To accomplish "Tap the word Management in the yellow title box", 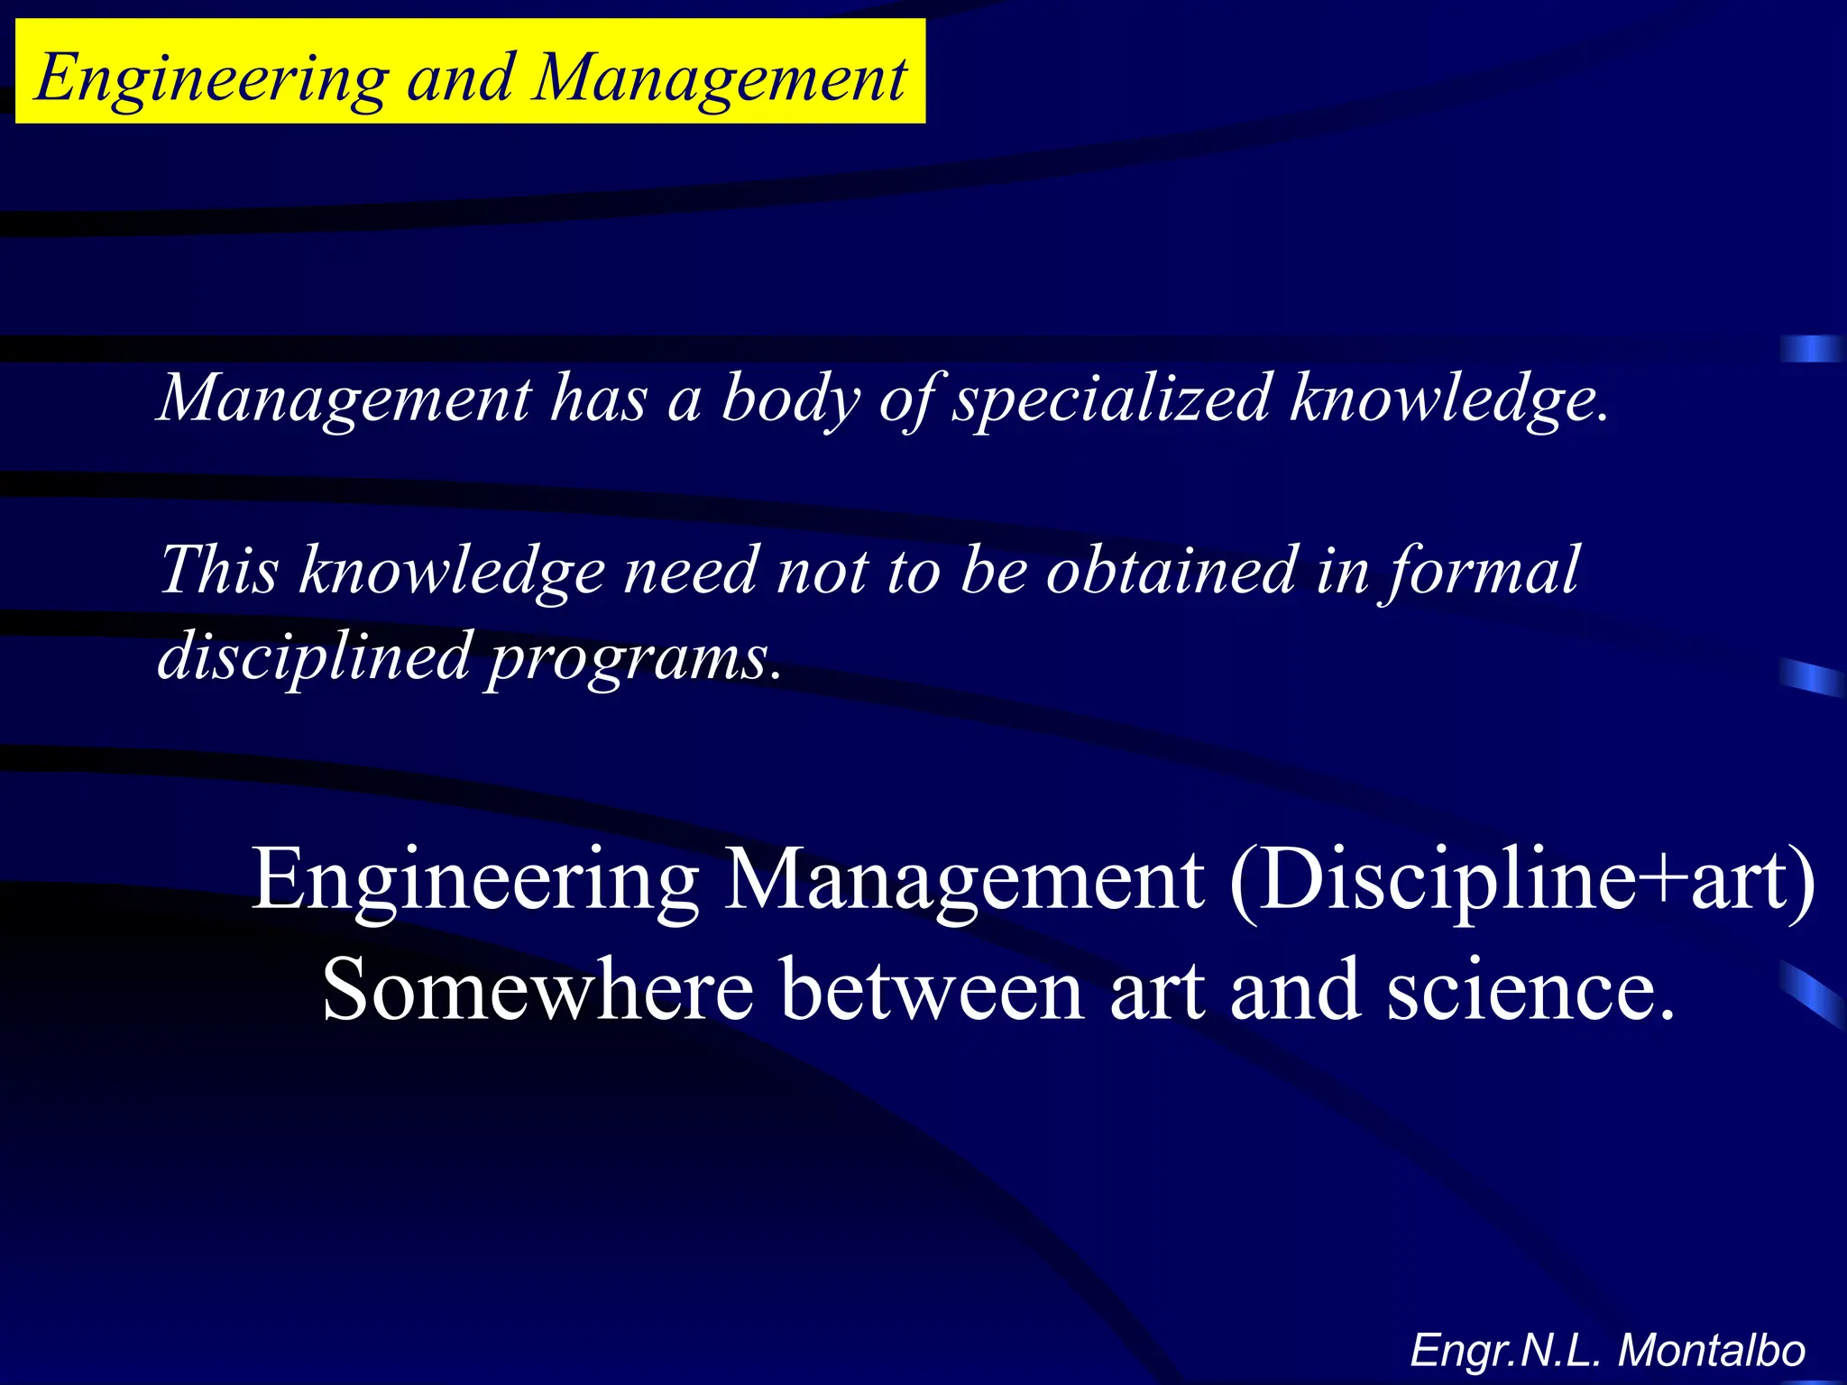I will tap(719, 79).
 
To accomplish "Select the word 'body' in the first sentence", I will tap(791, 399).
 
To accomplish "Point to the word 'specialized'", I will tap(1113, 399).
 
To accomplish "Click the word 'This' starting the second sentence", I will tap(218, 570).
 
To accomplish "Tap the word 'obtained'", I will tap(1170, 570).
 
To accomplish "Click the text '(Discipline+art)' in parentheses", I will tap(1521, 878).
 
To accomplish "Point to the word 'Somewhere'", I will tap(538, 990).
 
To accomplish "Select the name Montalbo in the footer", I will tap(1711, 1351).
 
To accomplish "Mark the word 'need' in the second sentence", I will tap(691, 570).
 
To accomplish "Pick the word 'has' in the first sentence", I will tap(599, 399).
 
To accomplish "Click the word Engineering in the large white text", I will tap(475, 880).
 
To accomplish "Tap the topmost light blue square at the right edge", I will tap(1811, 348).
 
